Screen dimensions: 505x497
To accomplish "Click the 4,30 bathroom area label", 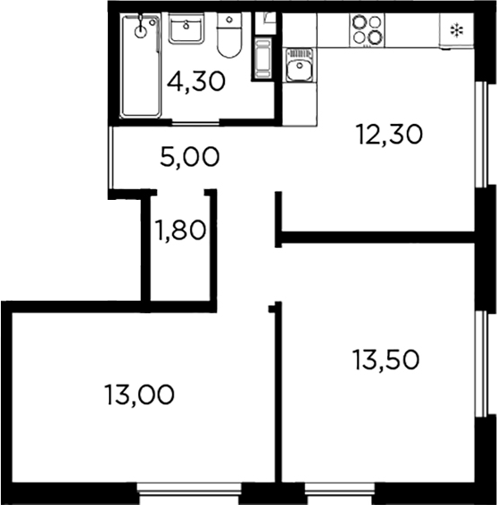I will tap(195, 81).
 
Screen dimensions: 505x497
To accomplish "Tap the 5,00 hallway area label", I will tap(189, 158).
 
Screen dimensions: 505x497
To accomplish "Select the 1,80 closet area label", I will tap(181, 231).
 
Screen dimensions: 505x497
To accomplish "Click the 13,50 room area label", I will tap(385, 361).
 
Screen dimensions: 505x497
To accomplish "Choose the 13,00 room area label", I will tap(138, 393).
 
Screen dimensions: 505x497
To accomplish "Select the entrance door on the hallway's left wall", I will tap(111, 158).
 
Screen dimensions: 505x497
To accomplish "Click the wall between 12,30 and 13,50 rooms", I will tap(375, 236).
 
